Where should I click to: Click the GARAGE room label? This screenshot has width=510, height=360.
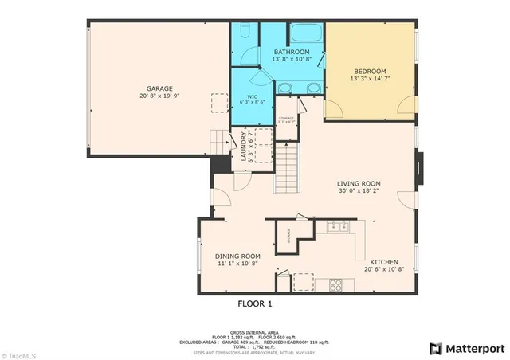point(159,88)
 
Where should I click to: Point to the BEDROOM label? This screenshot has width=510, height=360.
point(370,70)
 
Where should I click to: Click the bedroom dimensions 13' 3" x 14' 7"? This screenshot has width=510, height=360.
point(370,78)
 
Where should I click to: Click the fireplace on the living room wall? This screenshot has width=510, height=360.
point(420,170)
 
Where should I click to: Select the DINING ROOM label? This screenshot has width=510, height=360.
point(238,256)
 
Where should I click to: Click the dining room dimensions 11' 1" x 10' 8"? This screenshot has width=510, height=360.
point(238,264)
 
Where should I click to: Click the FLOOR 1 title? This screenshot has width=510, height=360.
point(260,303)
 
